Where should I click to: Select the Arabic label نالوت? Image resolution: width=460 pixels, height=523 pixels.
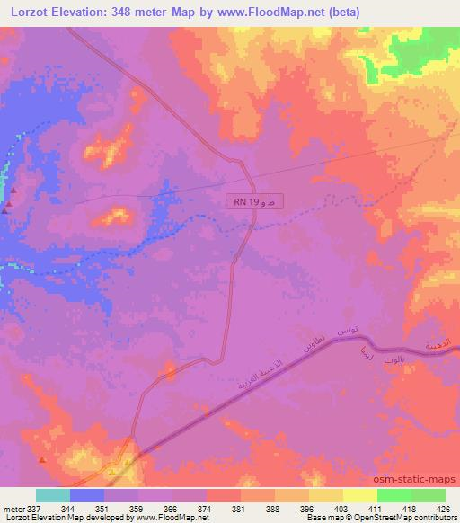[x=395, y=360]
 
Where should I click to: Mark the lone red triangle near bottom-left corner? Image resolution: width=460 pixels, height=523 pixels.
[x=42, y=461]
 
